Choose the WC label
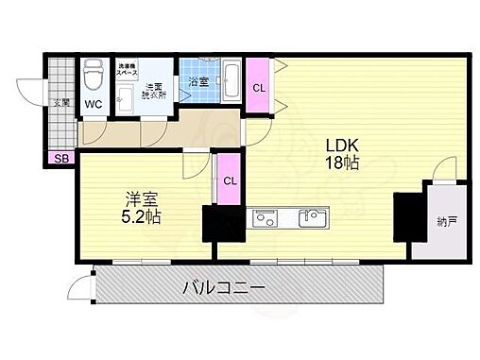click(x=94, y=103)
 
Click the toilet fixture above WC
click(x=94, y=73)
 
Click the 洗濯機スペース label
click(x=128, y=69)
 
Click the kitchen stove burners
click(x=264, y=219)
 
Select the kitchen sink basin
click(x=311, y=218)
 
